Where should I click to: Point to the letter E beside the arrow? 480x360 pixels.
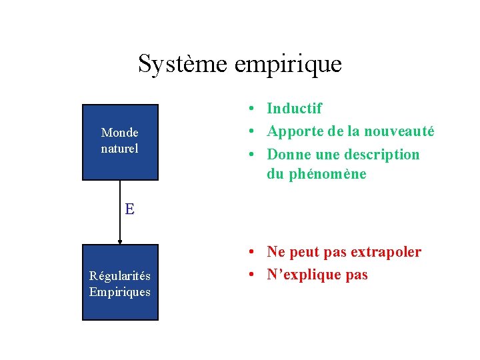(129, 209)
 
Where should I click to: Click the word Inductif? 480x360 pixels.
(294, 108)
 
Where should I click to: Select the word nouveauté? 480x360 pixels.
(403, 131)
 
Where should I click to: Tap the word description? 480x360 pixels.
(383, 155)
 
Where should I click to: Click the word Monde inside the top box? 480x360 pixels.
(120, 133)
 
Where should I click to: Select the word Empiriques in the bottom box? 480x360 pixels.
(120, 292)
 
